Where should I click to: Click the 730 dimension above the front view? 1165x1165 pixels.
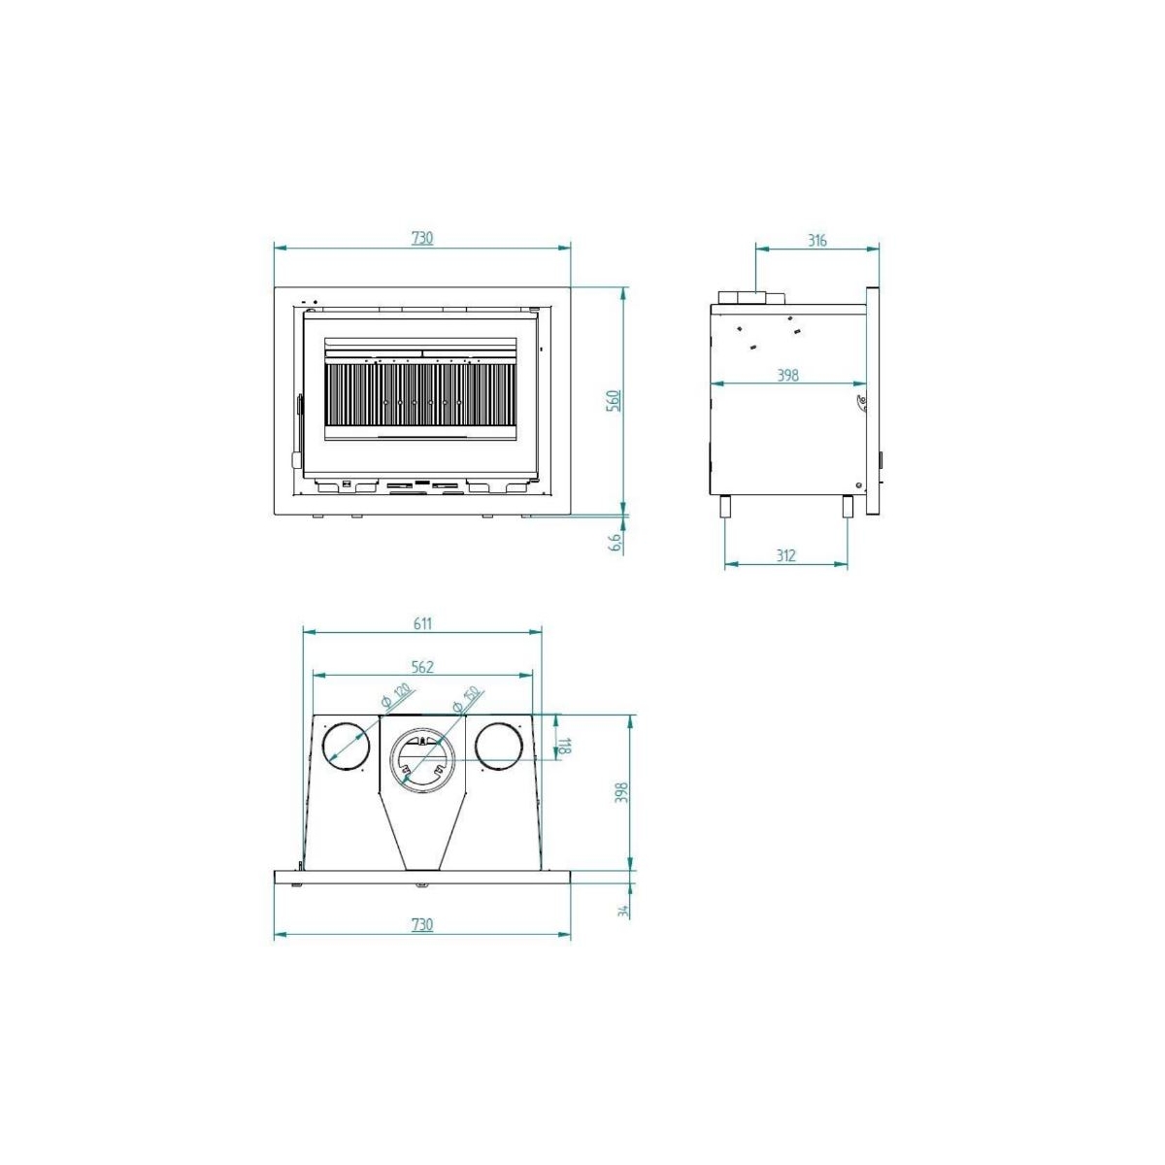coord(421,238)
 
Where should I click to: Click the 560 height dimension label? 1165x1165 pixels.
coord(613,400)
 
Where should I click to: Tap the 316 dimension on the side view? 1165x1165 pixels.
coord(817,240)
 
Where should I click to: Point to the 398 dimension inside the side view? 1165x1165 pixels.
coord(788,375)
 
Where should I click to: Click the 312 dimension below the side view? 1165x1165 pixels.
coord(786,555)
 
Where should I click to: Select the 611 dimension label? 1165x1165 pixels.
coord(422,623)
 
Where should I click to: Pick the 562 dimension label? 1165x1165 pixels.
coord(421,666)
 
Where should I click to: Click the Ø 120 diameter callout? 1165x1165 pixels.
coord(396,695)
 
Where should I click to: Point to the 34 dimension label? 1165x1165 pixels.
coord(623,910)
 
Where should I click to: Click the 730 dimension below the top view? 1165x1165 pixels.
coord(421,924)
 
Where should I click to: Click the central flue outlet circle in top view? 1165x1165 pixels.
coord(421,757)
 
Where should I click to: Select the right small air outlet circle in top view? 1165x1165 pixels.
coord(499,746)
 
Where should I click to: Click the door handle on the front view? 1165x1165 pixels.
coord(298,427)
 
